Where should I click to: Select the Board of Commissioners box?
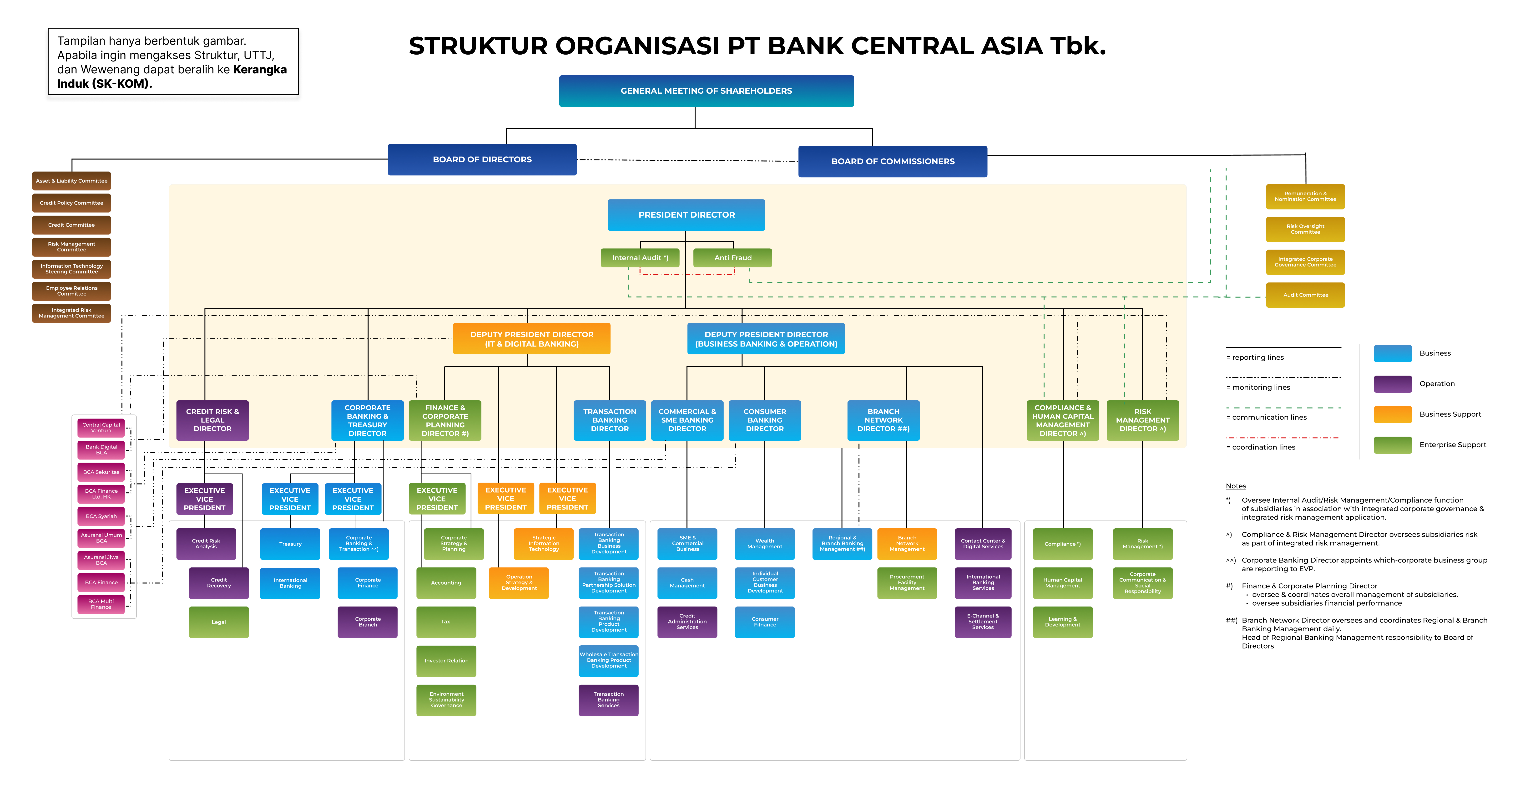click(892, 161)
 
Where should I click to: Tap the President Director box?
click(686, 215)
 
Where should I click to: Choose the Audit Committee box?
click(1305, 295)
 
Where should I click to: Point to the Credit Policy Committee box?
click(71, 203)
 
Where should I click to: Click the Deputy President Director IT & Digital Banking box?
click(531, 339)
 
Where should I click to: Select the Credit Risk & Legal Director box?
click(212, 420)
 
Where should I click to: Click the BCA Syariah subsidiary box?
click(101, 516)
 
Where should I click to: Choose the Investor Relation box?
click(446, 661)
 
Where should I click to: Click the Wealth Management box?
click(765, 544)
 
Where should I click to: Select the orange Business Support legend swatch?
click(1392, 414)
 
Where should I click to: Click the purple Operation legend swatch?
click(1392, 384)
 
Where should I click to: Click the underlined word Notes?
click(1236, 486)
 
